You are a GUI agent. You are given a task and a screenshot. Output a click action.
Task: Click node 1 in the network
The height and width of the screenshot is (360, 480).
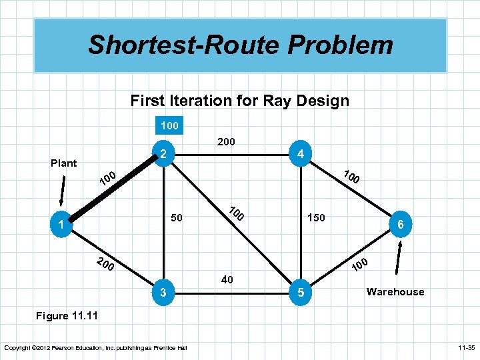coord(61,226)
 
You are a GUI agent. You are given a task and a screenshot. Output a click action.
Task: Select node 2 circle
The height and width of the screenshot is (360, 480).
coord(163,154)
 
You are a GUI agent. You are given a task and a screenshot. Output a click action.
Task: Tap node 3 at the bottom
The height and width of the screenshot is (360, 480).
coord(163,291)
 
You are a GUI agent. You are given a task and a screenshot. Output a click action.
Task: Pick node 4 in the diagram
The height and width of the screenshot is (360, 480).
coord(301,154)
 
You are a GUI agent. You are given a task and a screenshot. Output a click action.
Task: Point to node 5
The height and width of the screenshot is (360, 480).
coord(301,291)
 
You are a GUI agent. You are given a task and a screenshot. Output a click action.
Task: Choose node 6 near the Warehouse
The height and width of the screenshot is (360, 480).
coord(401,225)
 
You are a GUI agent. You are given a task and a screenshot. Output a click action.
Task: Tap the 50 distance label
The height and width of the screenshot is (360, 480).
coord(177,217)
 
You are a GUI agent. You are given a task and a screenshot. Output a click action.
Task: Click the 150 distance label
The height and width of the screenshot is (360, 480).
coord(316,217)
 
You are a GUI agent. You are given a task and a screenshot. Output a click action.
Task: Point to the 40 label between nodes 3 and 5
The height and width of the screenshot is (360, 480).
coord(227,280)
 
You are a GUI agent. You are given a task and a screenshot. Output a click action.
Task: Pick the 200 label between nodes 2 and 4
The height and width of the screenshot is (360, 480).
coord(226,141)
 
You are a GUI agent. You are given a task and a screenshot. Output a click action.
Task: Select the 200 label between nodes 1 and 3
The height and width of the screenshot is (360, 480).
coord(105,264)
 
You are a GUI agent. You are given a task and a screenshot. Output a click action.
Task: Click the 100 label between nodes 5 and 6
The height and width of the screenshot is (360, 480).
coord(361,264)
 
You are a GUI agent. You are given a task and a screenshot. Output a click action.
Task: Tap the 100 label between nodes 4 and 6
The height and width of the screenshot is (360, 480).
coord(351,177)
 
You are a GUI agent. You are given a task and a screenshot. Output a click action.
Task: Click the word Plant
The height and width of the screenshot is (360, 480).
coord(64,163)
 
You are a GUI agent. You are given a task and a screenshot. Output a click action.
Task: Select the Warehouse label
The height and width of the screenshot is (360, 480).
coord(395,291)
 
